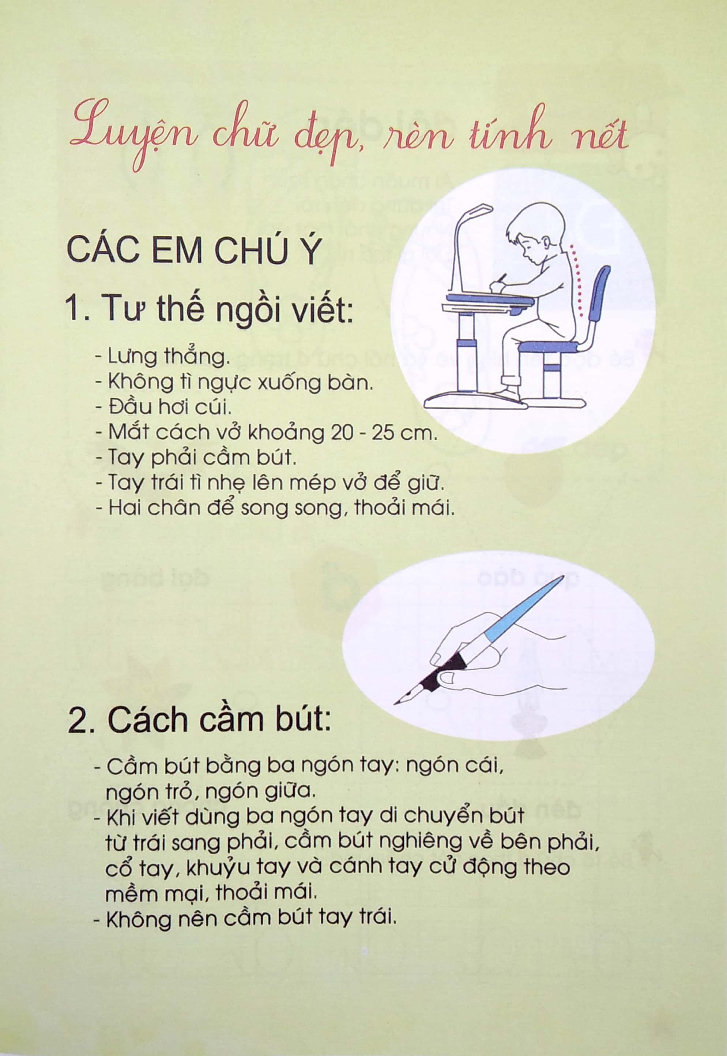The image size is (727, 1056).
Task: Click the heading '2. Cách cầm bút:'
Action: (199, 720)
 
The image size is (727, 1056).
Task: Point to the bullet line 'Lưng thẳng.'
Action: (162, 357)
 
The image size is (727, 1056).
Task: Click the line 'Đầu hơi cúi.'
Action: (161, 407)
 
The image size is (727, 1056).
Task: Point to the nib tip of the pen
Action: (395, 705)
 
